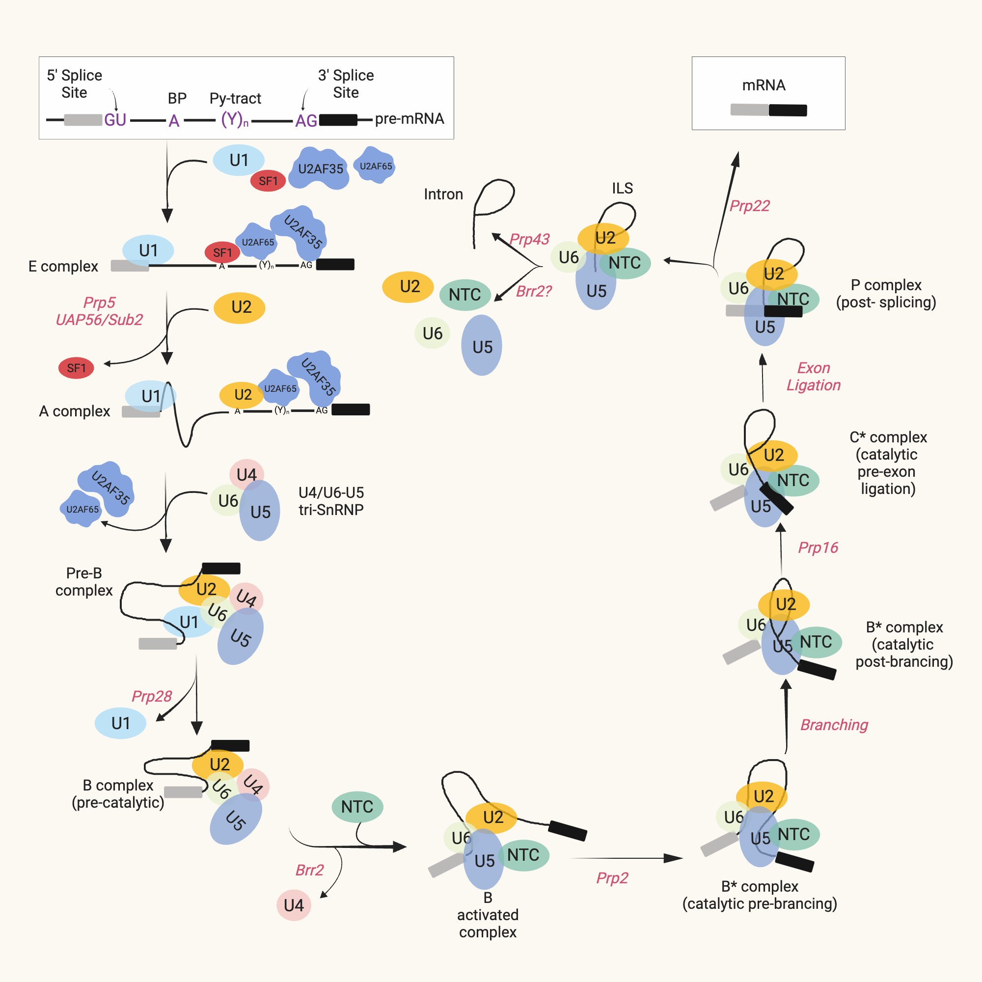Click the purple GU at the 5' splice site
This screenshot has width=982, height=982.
click(x=115, y=120)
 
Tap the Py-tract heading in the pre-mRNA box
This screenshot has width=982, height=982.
click(x=235, y=98)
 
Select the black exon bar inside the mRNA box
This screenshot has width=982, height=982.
click(x=788, y=110)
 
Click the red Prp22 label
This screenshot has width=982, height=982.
click(x=749, y=206)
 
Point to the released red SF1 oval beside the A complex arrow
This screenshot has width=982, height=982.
click(x=76, y=368)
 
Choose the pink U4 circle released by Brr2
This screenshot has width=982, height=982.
click(x=294, y=905)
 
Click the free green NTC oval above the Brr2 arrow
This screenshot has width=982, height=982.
click(x=357, y=807)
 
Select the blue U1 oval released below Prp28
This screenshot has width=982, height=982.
click(x=120, y=723)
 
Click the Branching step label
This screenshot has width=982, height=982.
click(x=834, y=725)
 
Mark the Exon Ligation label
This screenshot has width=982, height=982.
click(x=813, y=376)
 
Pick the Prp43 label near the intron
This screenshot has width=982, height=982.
click(x=529, y=239)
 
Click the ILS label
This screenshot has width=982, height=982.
click(x=622, y=188)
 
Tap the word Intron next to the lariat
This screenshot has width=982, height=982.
click(x=443, y=194)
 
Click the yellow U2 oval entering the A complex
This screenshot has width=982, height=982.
click(x=240, y=307)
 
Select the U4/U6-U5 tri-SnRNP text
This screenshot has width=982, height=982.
click(x=331, y=501)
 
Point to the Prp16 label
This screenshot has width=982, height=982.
click(x=818, y=547)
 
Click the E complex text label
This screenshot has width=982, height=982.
click(x=63, y=266)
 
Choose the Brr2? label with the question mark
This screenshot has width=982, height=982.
click(x=534, y=291)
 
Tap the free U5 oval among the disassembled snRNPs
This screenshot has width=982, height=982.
click(x=482, y=346)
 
